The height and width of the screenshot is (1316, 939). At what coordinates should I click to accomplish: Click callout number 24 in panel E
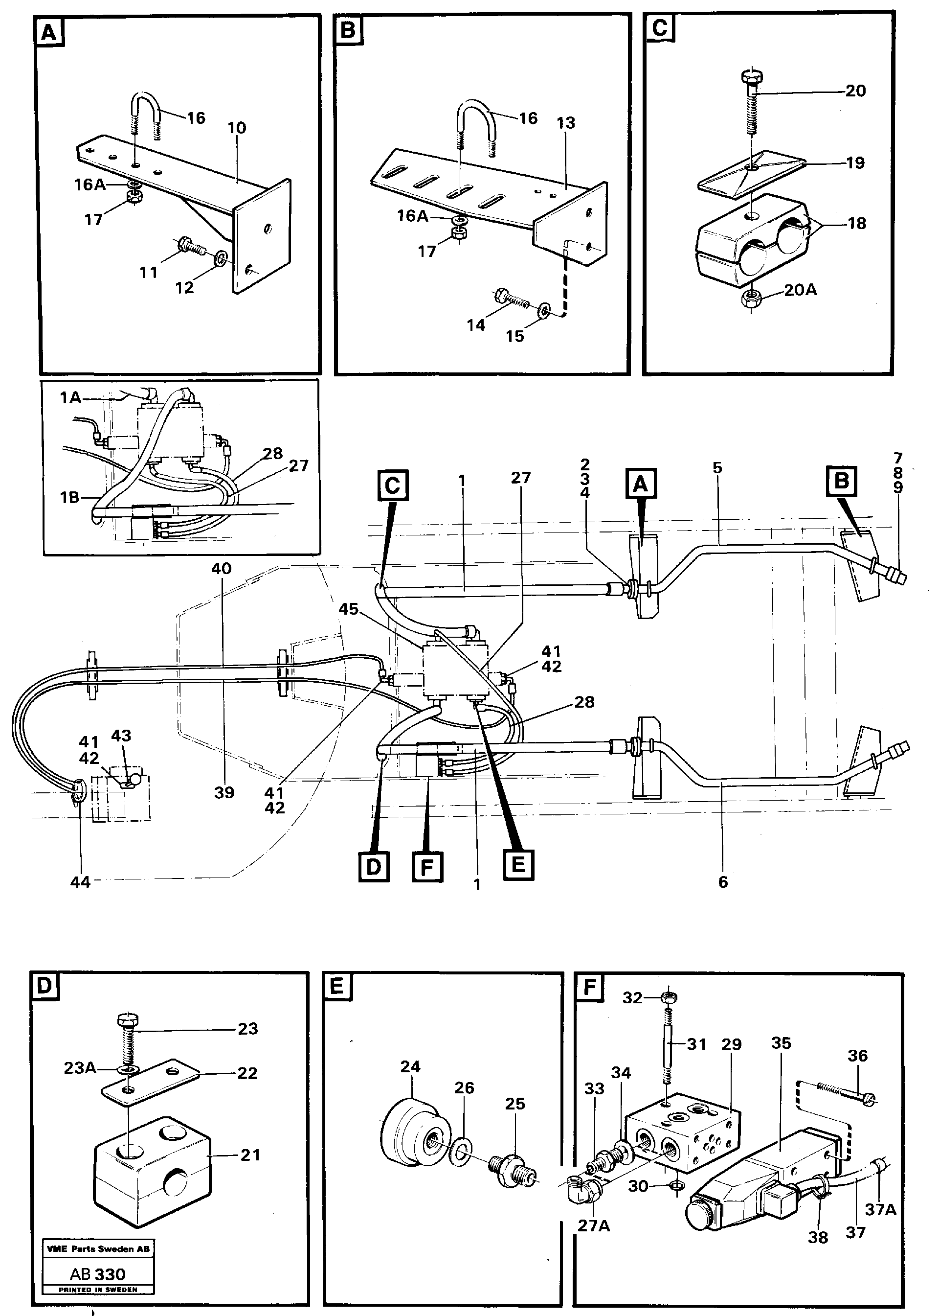click(410, 1066)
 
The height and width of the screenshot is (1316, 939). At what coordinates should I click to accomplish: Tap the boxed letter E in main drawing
click(518, 865)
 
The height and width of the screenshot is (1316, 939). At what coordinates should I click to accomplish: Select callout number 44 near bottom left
click(80, 882)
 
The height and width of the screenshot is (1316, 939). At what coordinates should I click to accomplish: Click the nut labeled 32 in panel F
click(670, 997)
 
